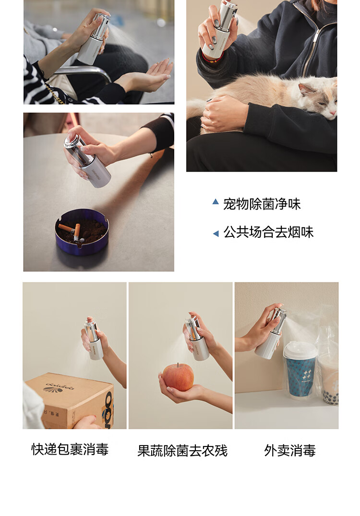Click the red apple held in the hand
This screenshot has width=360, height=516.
click(x=178, y=377)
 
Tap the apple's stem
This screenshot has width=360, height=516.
click(x=178, y=365)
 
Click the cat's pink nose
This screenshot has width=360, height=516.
click(x=333, y=113)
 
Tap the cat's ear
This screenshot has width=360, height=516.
click(x=306, y=89)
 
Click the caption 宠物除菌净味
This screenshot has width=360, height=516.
click(x=262, y=204)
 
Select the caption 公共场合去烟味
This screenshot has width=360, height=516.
click(x=268, y=232)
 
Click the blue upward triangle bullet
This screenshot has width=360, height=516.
click(x=216, y=201)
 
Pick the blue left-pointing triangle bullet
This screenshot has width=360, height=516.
click(x=216, y=234)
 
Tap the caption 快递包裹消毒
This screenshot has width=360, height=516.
click(x=70, y=449)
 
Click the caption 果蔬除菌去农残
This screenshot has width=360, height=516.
click(x=182, y=450)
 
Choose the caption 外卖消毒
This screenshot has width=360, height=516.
click(x=290, y=450)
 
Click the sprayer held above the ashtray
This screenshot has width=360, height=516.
click(x=88, y=160)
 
